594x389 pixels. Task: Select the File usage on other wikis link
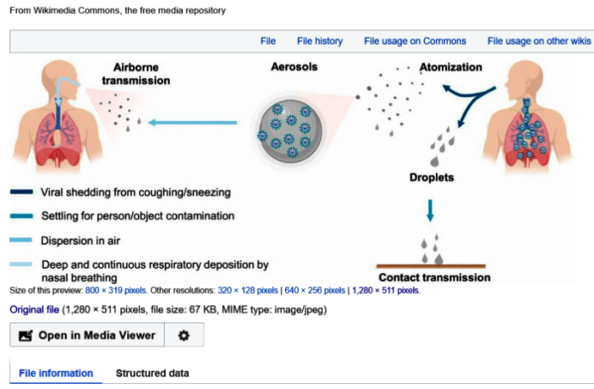tap(538, 40)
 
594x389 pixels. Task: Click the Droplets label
tap(432, 178)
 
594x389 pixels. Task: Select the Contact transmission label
tap(434, 277)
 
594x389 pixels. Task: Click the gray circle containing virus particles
tap(290, 126)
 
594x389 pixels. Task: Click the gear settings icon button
tap(184, 336)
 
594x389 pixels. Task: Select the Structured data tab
tap(152, 373)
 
